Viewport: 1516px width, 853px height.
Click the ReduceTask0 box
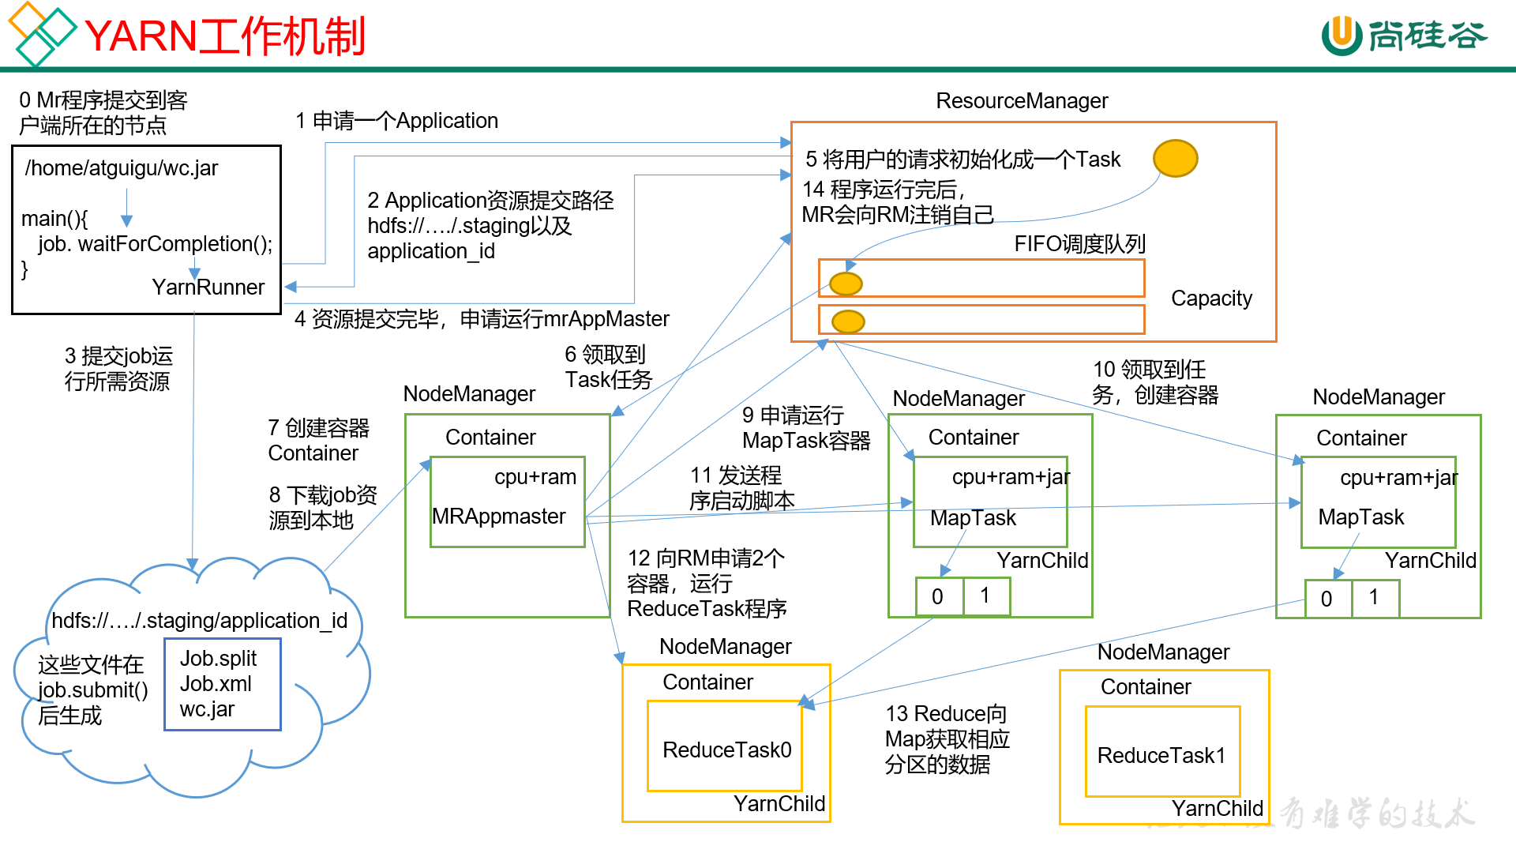(x=725, y=746)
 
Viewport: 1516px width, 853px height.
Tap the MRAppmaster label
(x=499, y=517)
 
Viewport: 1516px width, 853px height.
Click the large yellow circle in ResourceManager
(x=1175, y=159)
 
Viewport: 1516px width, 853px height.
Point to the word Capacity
(x=1211, y=299)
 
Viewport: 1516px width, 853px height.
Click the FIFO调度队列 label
(x=1079, y=244)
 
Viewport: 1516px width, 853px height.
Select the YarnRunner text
(x=208, y=287)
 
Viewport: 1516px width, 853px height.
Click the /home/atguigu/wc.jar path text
(x=122, y=168)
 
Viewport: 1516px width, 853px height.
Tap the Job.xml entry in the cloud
(x=216, y=684)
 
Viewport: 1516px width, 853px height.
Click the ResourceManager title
(x=1022, y=101)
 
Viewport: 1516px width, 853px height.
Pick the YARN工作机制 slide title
(x=224, y=36)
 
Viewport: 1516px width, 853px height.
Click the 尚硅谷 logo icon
(x=1342, y=36)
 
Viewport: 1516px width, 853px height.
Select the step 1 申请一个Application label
(x=397, y=121)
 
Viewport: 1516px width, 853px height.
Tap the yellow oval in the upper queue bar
(x=846, y=284)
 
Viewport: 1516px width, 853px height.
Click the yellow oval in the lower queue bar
(x=848, y=321)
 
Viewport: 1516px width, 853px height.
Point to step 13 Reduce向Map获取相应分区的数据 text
(x=947, y=739)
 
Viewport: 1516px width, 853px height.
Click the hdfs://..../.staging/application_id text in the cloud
(x=200, y=621)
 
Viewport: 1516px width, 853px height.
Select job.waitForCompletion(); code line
(x=155, y=244)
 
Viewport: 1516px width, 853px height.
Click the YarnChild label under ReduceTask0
(x=779, y=804)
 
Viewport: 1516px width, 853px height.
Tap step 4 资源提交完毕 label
(x=482, y=319)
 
